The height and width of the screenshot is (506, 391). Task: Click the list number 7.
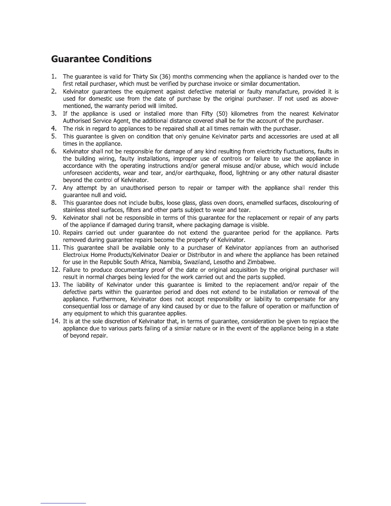pos(54,188)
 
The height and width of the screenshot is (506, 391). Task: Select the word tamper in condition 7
pos(226,188)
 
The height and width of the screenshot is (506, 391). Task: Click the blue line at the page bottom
pos(63,503)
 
